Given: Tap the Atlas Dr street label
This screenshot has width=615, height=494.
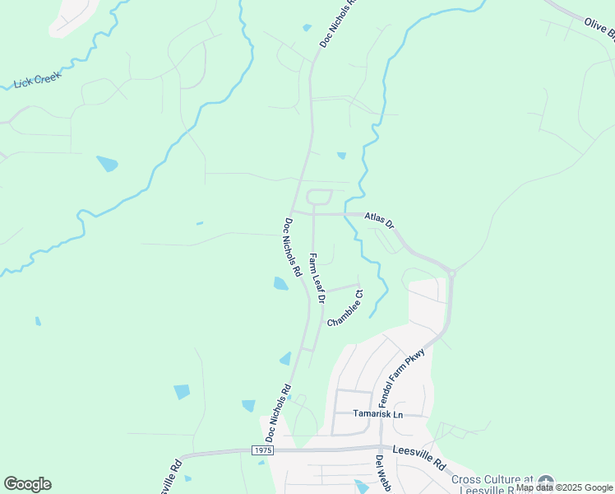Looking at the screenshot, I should click(379, 221).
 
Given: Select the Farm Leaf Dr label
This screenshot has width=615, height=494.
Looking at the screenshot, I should click(316, 278).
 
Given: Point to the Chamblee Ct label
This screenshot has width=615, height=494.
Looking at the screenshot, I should click(345, 308).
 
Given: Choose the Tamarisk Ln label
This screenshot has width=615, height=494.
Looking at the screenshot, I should click(380, 413).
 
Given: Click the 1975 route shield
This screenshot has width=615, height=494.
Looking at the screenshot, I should click(261, 451).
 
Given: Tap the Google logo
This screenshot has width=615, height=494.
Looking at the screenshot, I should click(27, 484).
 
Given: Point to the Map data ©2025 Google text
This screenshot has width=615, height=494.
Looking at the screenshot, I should click(565, 487).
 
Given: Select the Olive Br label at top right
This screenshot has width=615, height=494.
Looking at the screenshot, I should click(599, 31).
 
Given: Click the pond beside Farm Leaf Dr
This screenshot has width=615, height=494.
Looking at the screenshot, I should click(281, 284).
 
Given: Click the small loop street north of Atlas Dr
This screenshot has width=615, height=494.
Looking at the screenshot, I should click(319, 197).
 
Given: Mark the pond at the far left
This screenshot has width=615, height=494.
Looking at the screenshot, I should click(107, 163).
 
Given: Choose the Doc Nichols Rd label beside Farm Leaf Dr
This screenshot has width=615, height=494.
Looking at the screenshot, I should click(293, 246).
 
